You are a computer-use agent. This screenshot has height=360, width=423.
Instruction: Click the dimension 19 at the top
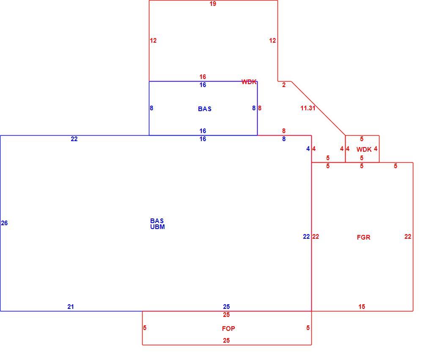[x=213, y=4]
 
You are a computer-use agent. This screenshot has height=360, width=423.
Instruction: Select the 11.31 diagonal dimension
[x=308, y=108]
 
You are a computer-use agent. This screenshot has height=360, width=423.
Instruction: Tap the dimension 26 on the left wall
[x=4, y=223]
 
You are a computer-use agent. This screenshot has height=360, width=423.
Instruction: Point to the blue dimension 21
[x=71, y=307]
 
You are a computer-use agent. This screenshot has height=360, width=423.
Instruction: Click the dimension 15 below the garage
[x=362, y=307]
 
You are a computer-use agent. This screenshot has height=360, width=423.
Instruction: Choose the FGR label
[x=364, y=237]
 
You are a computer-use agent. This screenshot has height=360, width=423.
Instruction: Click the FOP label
[x=228, y=329]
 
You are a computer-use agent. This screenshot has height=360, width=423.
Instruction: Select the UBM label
[x=157, y=227]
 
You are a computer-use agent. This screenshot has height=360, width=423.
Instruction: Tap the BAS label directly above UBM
[x=157, y=221]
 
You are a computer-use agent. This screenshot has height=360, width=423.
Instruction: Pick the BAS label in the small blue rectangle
[x=205, y=109]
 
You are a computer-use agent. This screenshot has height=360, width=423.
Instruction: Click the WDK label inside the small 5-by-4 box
[x=364, y=150]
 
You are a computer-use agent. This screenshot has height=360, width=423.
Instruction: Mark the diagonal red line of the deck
[x=319, y=108]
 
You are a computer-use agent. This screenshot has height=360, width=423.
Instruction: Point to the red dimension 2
[x=284, y=85]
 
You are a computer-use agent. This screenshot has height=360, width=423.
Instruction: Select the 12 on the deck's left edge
[x=153, y=41]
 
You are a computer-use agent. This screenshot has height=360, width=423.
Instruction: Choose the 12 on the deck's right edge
[x=272, y=41]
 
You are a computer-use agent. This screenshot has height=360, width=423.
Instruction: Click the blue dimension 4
[x=308, y=149]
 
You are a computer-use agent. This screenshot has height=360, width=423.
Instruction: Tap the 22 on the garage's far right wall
[x=408, y=237]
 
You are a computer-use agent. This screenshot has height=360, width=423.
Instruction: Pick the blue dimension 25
[x=226, y=307]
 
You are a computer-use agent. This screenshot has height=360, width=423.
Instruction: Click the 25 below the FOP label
[x=226, y=341]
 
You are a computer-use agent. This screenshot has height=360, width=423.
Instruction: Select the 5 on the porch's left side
[x=145, y=328]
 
